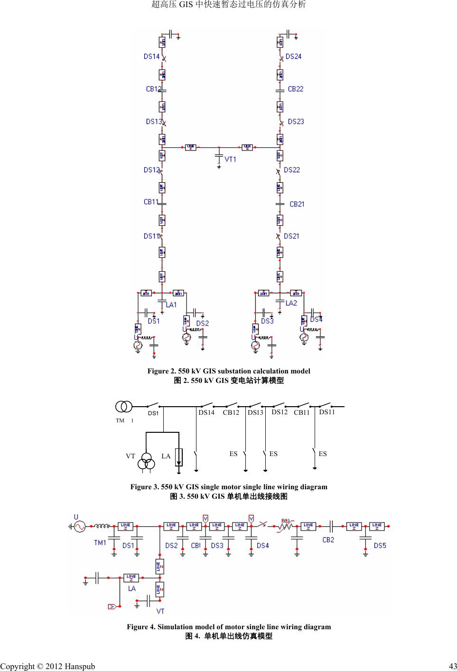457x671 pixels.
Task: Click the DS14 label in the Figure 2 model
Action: (151, 56)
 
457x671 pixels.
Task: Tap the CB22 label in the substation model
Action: (296, 89)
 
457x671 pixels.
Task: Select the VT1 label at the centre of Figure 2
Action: (230, 159)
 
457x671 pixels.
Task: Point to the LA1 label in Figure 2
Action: (171, 304)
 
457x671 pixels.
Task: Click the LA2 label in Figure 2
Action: (291, 303)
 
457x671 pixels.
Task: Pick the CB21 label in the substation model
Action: (297, 204)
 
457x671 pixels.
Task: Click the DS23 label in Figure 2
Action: (296, 121)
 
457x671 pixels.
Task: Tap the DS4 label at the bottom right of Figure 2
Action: (316, 319)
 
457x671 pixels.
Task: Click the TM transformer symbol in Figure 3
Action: (124, 407)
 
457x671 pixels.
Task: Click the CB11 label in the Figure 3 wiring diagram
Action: (301, 413)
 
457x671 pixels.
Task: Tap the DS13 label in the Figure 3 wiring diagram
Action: (255, 412)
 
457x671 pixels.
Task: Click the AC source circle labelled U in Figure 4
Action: (77, 526)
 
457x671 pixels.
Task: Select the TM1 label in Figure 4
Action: (100, 543)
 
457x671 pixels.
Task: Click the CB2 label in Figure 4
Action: (328, 540)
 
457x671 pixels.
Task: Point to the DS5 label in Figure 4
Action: (380, 546)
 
